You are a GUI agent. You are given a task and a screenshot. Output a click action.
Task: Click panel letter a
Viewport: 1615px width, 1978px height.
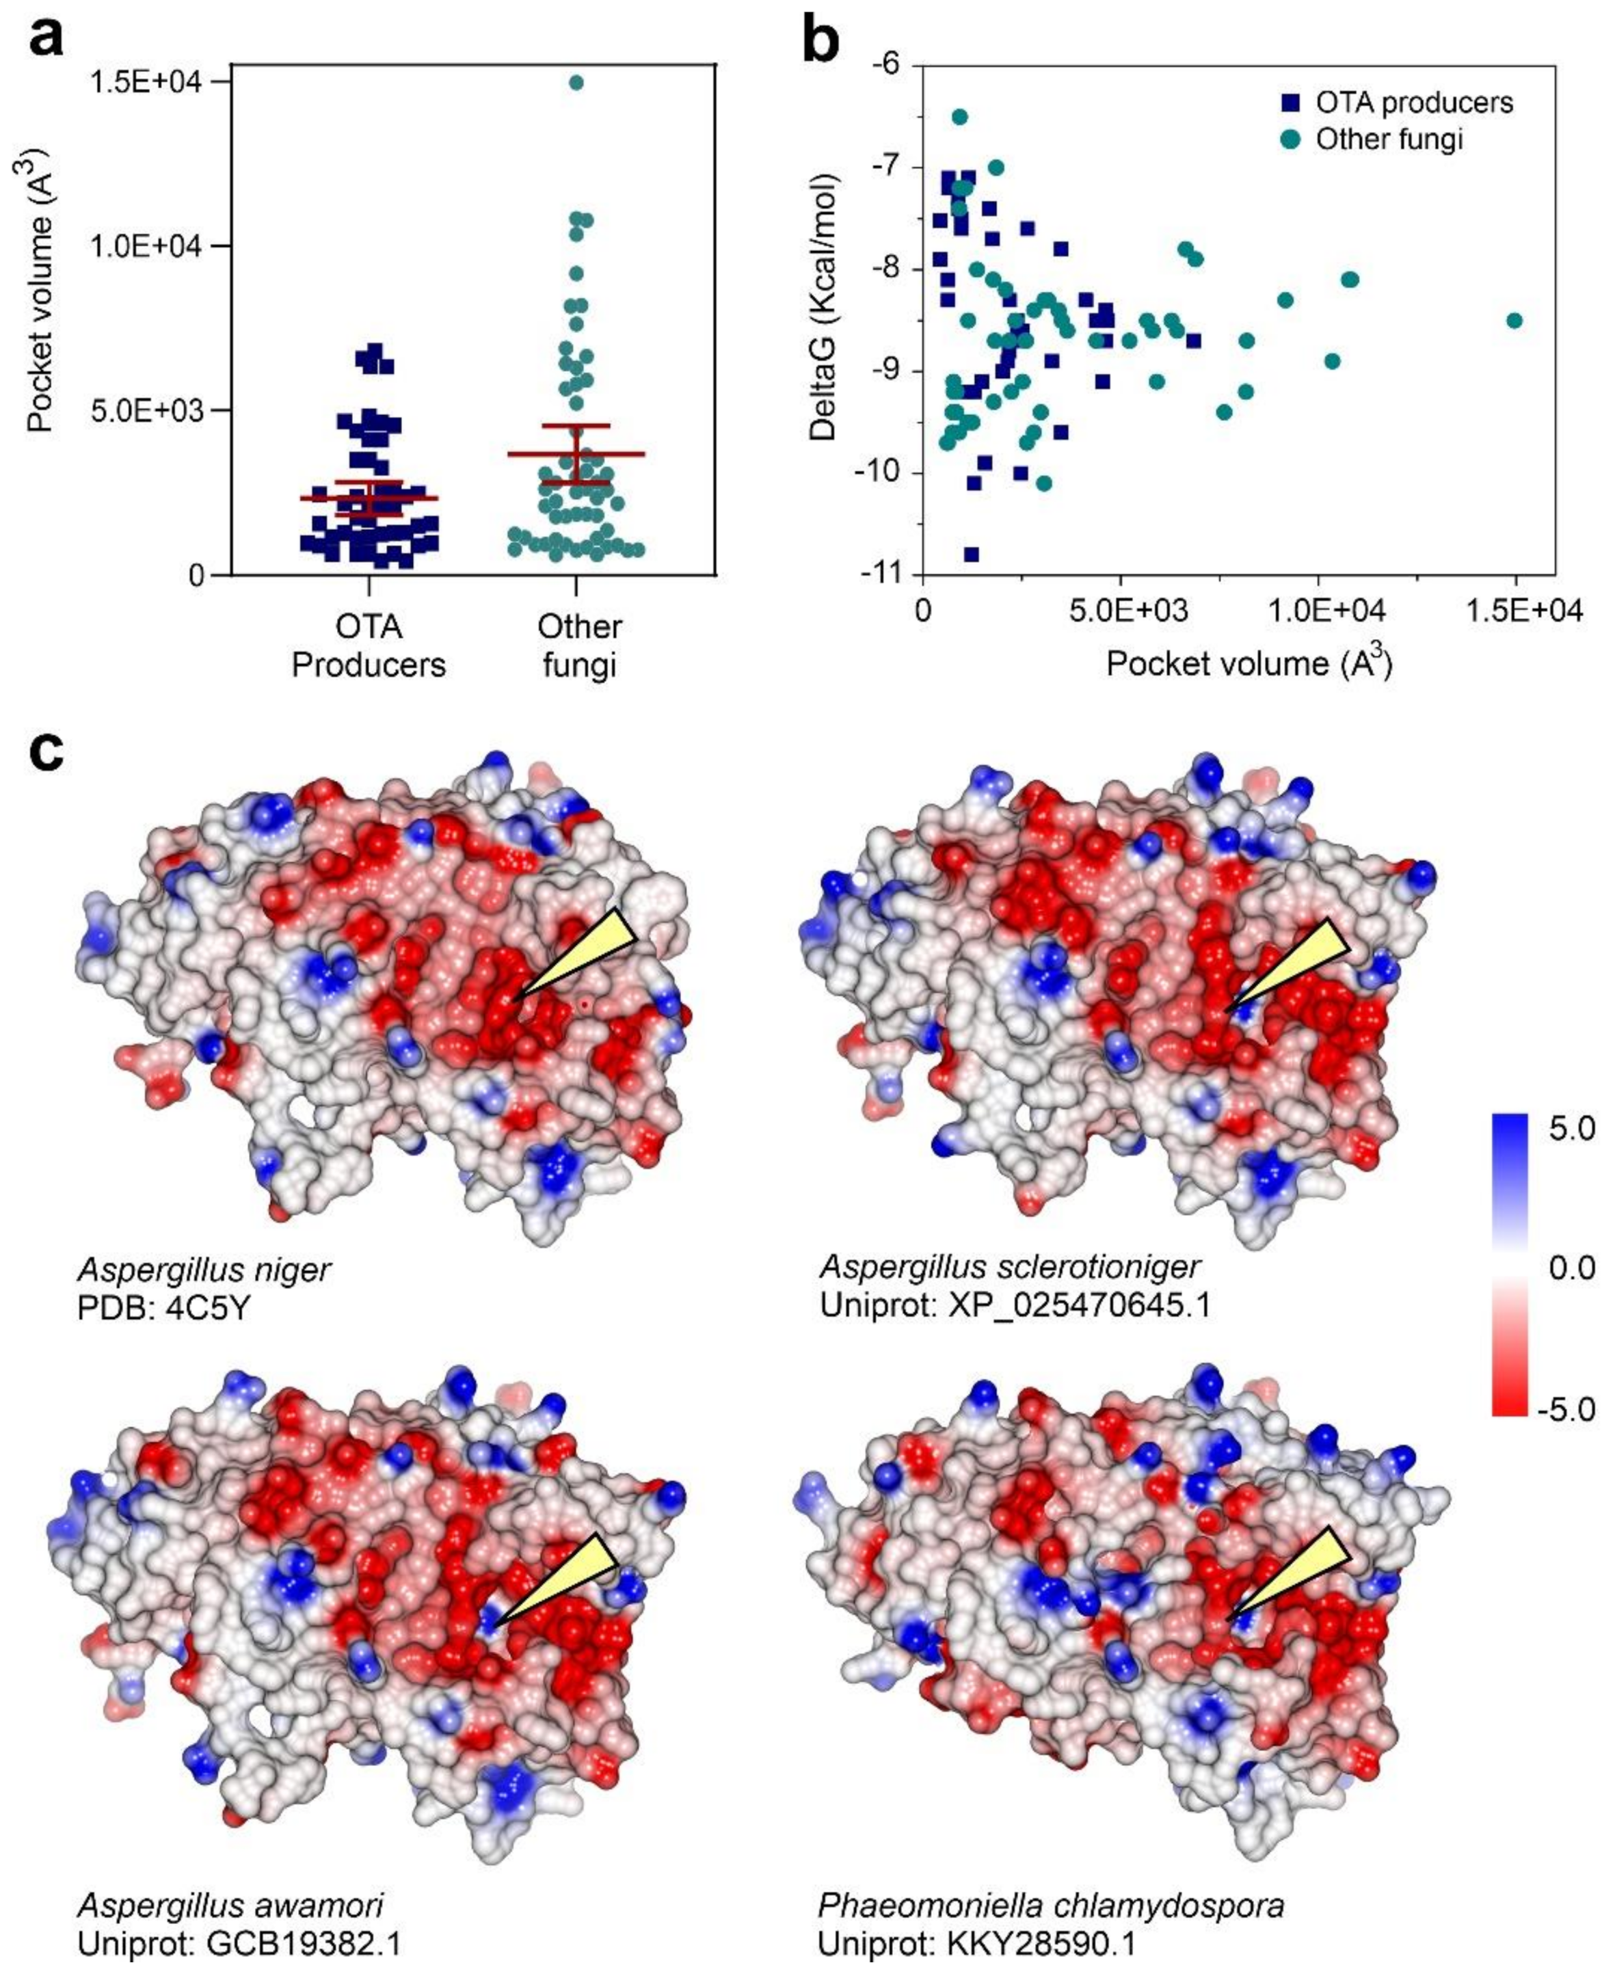46,39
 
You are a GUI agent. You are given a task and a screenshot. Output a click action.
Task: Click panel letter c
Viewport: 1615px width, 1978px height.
46,750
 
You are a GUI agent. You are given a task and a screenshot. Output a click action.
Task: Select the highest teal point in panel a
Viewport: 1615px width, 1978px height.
576,83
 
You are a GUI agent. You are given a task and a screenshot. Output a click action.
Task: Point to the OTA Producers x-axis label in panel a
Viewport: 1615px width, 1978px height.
369,645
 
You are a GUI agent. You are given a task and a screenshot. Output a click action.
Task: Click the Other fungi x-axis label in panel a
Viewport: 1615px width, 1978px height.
578,645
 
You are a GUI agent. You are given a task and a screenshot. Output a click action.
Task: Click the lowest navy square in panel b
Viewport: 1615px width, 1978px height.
971,554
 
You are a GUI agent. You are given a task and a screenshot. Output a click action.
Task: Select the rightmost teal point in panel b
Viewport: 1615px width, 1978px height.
1514,320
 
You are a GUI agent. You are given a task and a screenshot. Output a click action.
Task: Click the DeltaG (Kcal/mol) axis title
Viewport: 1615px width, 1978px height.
823,307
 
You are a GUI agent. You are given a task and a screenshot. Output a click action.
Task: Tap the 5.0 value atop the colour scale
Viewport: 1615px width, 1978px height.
1571,1129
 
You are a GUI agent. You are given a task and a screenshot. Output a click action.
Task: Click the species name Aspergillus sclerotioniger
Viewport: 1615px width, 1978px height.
1009,1266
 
